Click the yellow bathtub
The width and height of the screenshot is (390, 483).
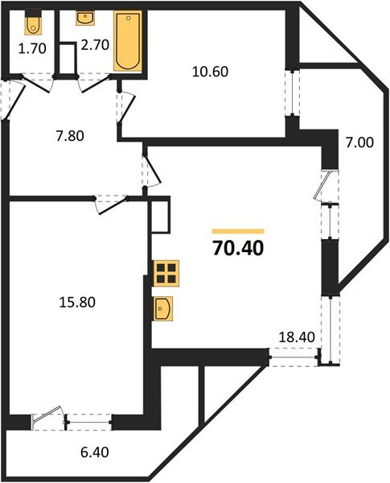(127, 41)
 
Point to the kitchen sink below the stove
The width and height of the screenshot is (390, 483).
(165, 308)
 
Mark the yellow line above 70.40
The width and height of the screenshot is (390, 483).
(237, 230)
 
